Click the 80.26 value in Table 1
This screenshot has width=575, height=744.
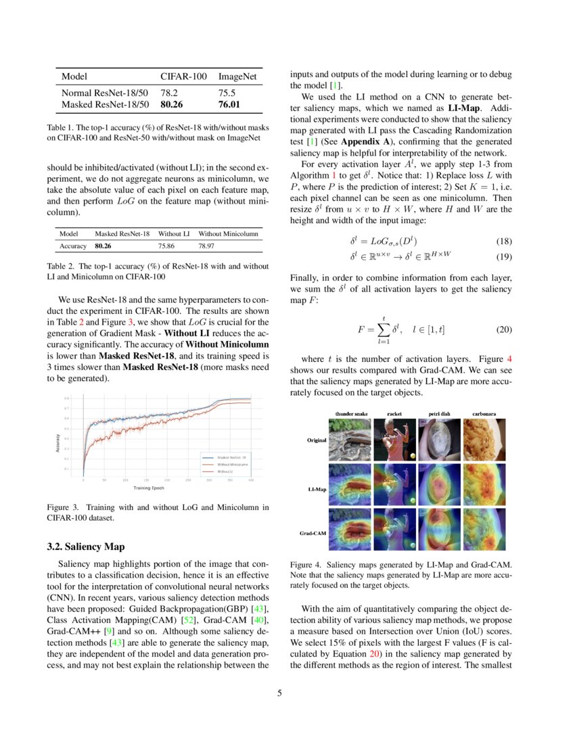[x=172, y=105]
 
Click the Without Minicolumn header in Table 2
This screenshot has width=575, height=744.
[x=229, y=233]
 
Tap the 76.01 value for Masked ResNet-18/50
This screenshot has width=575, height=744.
[x=230, y=105]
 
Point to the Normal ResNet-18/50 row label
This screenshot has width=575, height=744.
[x=104, y=93]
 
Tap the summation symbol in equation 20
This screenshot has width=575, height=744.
[x=383, y=330]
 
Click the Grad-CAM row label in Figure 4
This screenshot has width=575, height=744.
[x=314, y=533]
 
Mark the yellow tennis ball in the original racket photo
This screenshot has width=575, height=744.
[x=412, y=455]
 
